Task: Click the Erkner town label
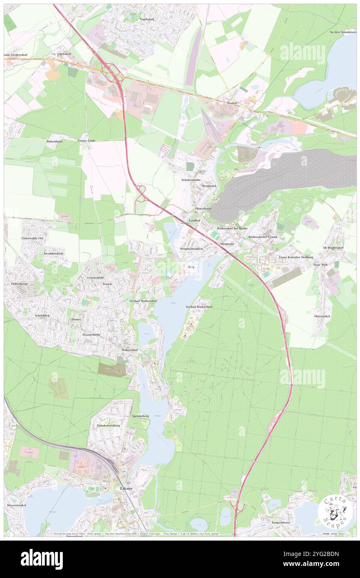pyautogui.click(x=126, y=489)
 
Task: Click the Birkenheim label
pyautogui.click(x=54, y=141)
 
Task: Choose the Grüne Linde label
pyautogui.click(x=86, y=141)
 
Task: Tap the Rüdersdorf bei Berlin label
pyautogui.click(x=232, y=229)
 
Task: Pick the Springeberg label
pyautogui.click(x=140, y=416)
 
